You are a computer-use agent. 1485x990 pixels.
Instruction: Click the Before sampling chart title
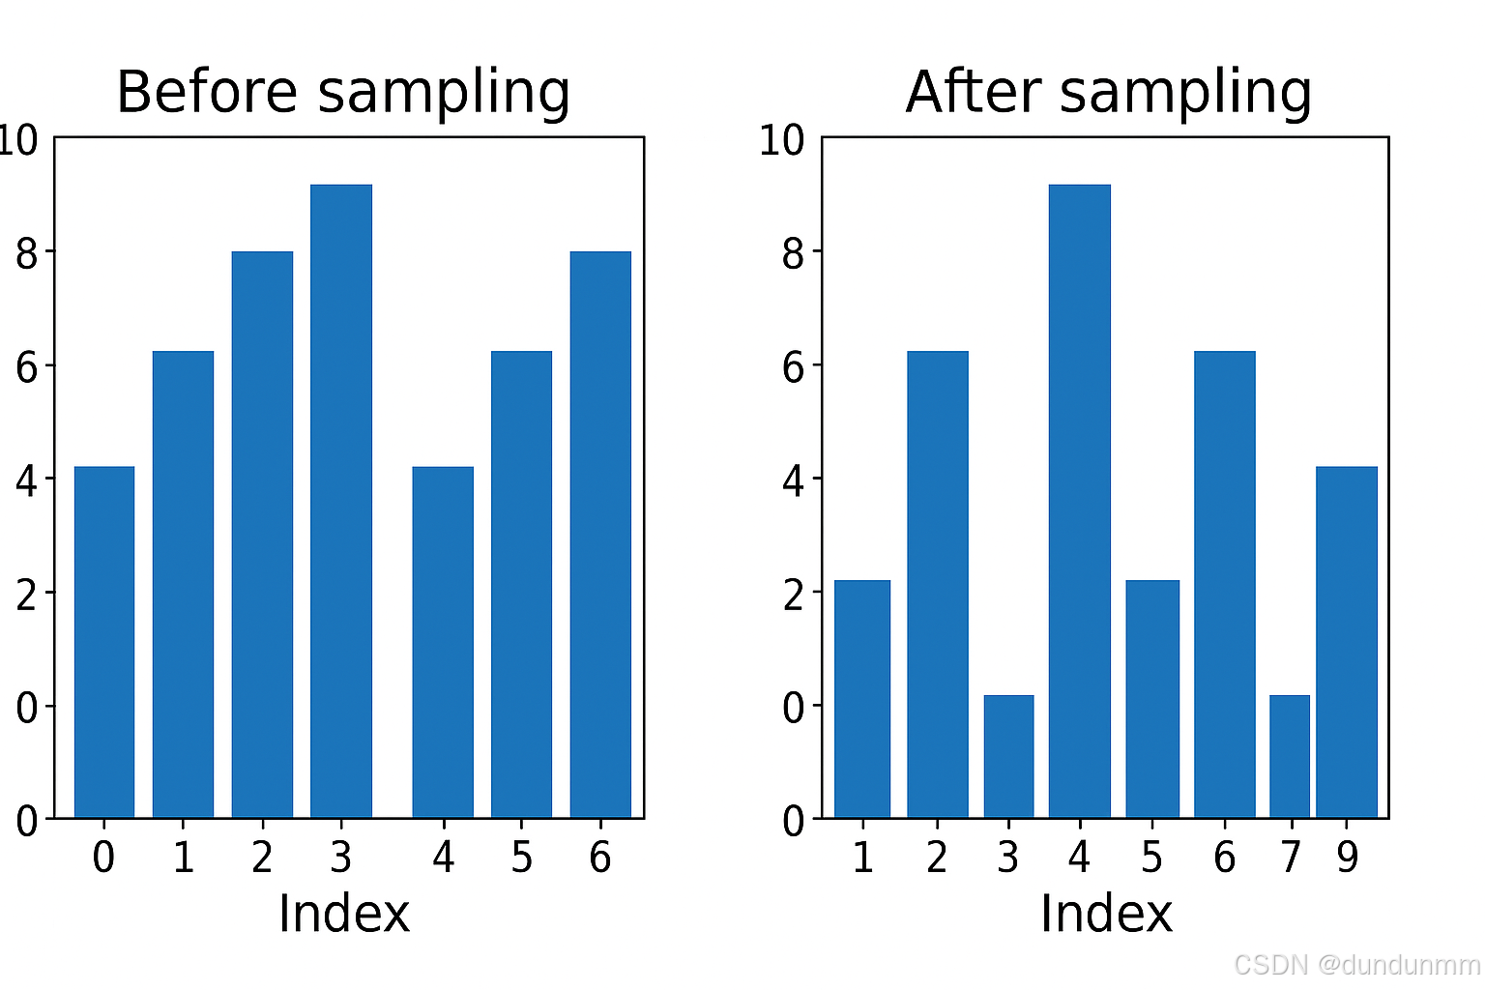(343, 93)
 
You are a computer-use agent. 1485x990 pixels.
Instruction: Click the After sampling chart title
(1108, 93)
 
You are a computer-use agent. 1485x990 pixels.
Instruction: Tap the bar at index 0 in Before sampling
(104, 642)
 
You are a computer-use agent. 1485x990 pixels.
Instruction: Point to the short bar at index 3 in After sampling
(1008, 756)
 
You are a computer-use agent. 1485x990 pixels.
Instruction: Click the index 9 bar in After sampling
(1347, 642)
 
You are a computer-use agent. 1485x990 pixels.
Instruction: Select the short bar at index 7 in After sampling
(1290, 756)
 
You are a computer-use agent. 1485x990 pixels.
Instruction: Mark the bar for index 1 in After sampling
(862, 699)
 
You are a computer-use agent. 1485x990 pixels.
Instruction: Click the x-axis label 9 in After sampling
(1348, 858)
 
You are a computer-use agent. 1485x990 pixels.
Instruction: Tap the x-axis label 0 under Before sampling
(103, 858)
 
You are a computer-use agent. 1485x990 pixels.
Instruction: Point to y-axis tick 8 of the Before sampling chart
(27, 253)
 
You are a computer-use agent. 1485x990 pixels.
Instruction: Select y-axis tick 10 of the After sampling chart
(781, 140)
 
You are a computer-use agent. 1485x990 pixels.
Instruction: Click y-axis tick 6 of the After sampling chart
(793, 366)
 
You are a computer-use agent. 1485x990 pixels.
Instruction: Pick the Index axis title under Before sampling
(343, 914)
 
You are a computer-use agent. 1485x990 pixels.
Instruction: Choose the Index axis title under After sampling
(1106, 914)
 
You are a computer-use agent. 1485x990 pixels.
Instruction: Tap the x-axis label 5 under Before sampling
(522, 858)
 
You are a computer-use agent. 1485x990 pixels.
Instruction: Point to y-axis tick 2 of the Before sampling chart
(27, 594)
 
